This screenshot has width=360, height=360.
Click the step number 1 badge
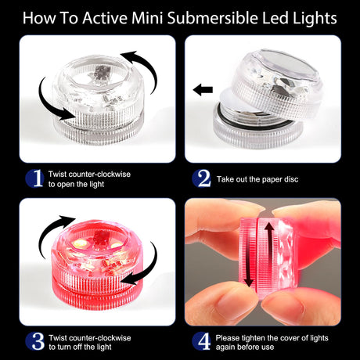click(35, 178)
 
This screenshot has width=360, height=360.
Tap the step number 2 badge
click(201, 178)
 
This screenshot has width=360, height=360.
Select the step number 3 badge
click(35, 341)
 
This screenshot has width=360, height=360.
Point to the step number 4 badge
click(201, 341)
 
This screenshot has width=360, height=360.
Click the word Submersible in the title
click(213, 18)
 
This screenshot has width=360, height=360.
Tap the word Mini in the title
click(147, 18)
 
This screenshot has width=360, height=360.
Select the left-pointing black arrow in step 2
click(203, 90)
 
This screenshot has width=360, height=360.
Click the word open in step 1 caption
click(67, 185)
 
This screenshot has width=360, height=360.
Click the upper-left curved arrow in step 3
click(53, 232)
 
